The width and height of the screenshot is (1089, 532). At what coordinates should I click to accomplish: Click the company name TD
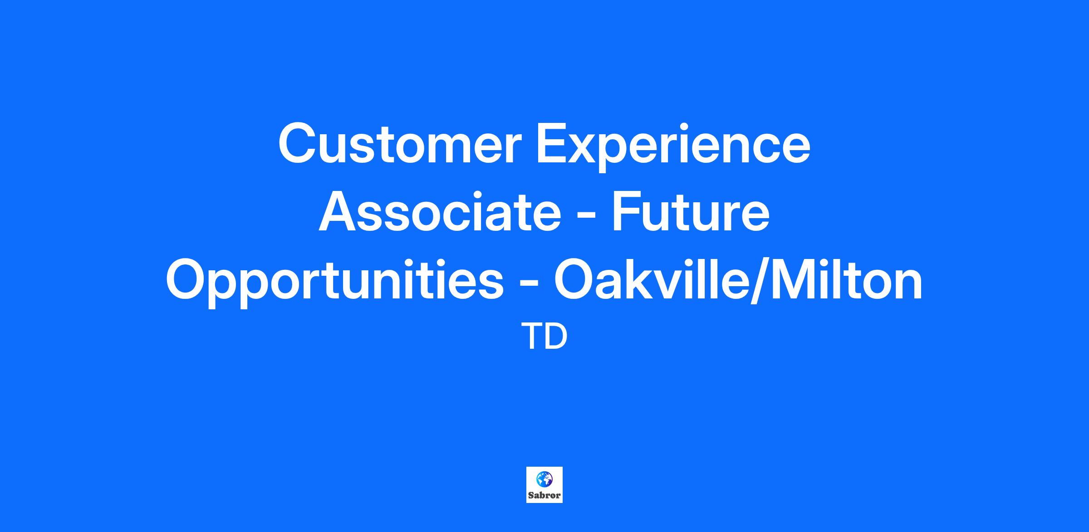click(544, 337)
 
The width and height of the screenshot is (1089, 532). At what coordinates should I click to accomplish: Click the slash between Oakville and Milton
click(756, 280)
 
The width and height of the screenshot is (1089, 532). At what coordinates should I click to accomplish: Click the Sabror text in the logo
click(544, 495)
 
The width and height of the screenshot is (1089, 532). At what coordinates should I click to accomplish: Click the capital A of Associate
click(339, 211)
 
